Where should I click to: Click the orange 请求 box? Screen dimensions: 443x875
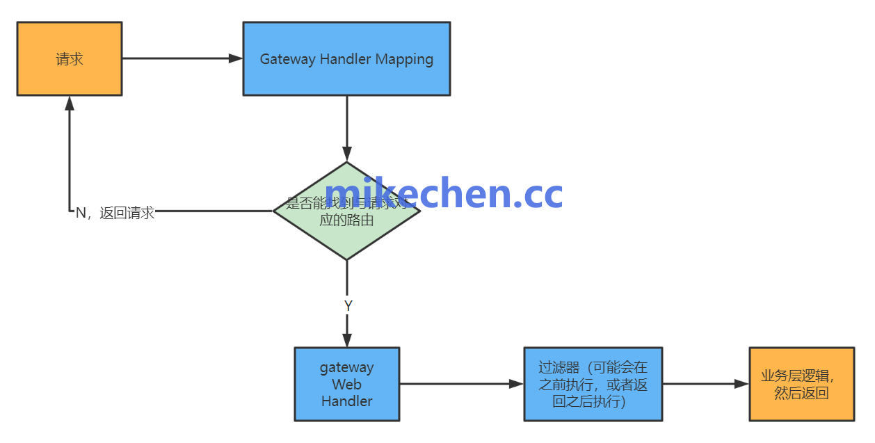pos(70,58)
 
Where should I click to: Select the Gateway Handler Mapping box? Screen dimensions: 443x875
pos(346,58)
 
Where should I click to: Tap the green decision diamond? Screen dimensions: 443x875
pos(346,236)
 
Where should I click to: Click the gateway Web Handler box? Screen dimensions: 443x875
pos(346,384)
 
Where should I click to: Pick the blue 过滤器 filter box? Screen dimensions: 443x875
pos(593,384)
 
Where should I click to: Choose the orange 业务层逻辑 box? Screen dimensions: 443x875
pos(801,384)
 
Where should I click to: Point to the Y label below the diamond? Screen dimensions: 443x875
pos(348,306)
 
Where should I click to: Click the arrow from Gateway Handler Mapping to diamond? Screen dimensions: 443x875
pos(346,125)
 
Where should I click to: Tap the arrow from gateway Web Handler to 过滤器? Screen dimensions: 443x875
pos(459,384)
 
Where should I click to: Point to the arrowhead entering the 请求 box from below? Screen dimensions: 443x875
pos(70,103)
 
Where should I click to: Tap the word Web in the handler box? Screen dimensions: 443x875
pos(346,384)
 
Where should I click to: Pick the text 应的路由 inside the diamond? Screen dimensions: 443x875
pos(346,220)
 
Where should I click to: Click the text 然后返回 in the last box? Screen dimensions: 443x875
pos(801,394)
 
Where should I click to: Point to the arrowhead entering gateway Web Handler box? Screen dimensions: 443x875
pos(346,340)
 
